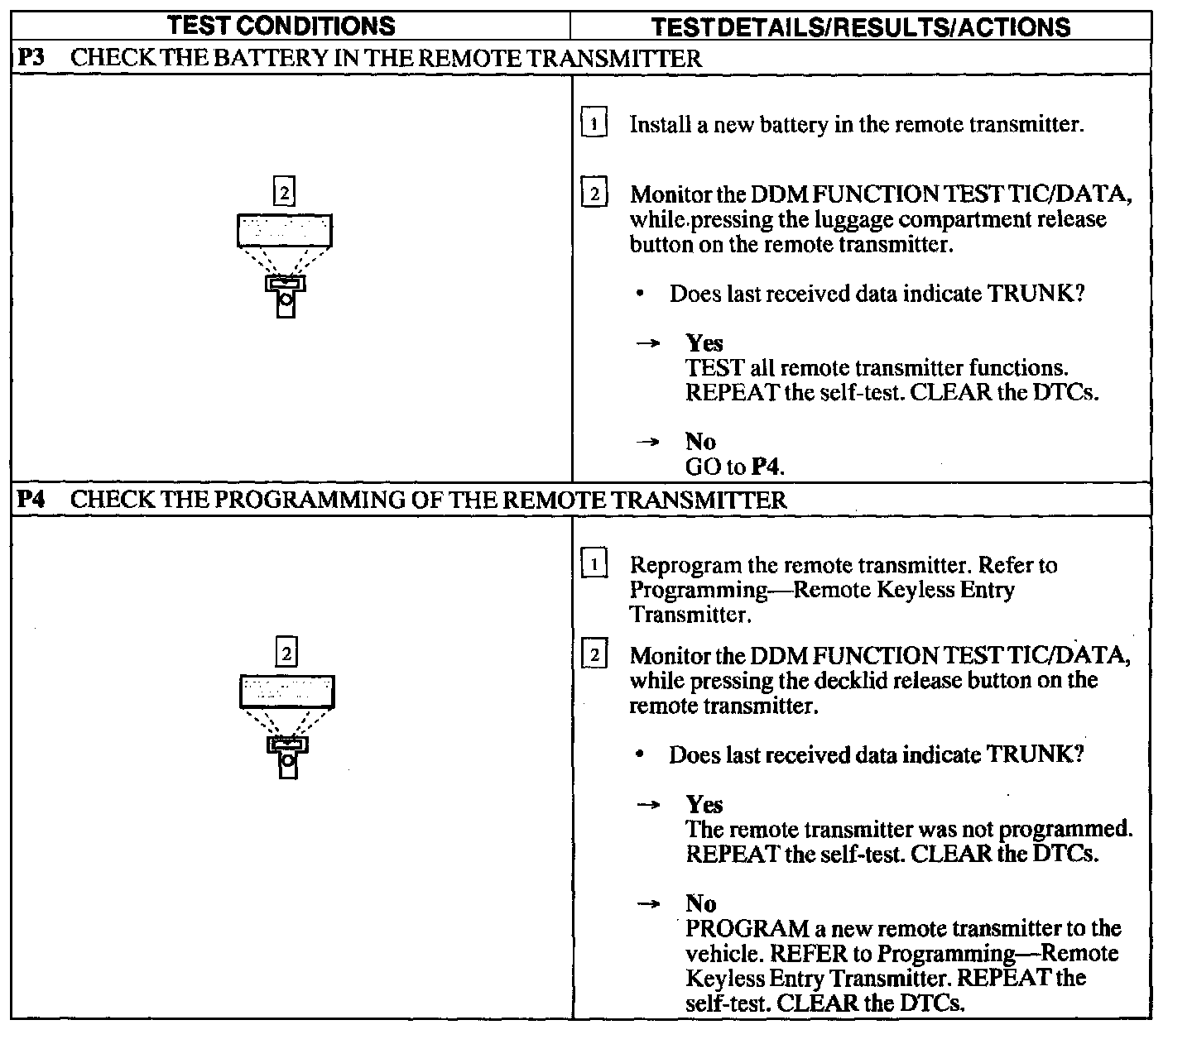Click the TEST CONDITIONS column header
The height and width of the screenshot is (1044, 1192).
tap(281, 26)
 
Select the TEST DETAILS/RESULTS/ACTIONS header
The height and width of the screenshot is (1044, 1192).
tap(861, 26)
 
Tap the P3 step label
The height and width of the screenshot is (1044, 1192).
tap(31, 59)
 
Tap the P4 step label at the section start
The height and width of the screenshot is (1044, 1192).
tap(31, 500)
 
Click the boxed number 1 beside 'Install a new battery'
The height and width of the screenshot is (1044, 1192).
tap(594, 124)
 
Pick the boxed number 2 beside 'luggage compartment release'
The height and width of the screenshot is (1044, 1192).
tap(594, 194)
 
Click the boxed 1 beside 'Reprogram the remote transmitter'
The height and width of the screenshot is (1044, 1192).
tap(594, 565)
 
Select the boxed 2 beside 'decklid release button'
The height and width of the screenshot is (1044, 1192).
tap(594, 655)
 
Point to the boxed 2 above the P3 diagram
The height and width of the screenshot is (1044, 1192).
tap(284, 192)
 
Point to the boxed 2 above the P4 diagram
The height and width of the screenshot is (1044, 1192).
tap(286, 654)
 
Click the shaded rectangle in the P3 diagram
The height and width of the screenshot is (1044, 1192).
tap(285, 230)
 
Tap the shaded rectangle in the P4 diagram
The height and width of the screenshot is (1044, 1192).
tap(287, 692)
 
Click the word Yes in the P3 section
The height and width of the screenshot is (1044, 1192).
tap(704, 342)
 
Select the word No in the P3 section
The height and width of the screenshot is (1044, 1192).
tap(700, 441)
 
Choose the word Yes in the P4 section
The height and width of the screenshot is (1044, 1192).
tap(704, 804)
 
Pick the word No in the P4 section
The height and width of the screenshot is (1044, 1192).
tap(700, 903)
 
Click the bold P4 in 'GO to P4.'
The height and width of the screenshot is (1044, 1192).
tap(766, 467)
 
